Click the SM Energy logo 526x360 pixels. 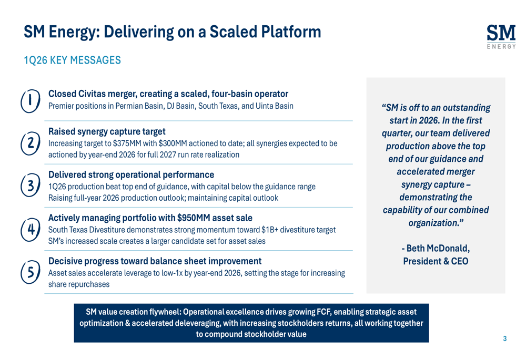pyautogui.click(x=501, y=37)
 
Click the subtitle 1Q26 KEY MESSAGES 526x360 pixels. pyautogui.click(x=72, y=60)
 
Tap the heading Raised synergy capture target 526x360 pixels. pyautogui.click(x=107, y=131)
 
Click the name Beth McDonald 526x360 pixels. pyautogui.click(x=438, y=249)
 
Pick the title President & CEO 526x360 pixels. pyautogui.click(x=436, y=261)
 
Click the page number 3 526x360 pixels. pyautogui.click(x=505, y=338)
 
